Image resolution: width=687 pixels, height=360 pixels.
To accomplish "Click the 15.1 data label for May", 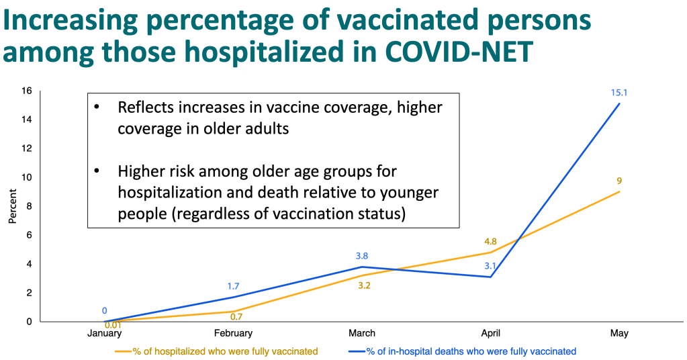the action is tap(619, 93).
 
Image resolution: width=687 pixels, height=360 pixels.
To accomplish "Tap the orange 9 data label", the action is tap(619, 181).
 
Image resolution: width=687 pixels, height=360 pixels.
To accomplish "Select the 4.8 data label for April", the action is tap(490, 241).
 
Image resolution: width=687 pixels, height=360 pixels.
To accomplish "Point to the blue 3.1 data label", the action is tap(490, 266).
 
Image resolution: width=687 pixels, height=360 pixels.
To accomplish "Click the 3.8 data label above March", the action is tap(362, 256).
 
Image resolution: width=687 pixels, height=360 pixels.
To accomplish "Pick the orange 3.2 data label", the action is tap(364, 285).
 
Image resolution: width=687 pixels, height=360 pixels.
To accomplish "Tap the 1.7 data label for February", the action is tap(233, 286).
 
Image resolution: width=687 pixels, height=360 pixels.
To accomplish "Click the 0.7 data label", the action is tap(236, 317).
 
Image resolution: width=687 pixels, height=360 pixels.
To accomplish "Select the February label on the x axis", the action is tap(233, 333).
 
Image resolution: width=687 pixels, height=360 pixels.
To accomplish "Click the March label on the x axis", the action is tap(362, 333).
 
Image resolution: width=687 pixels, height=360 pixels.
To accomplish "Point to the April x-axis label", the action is tap(490, 333).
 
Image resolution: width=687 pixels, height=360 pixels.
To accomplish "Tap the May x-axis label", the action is tap(619, 333).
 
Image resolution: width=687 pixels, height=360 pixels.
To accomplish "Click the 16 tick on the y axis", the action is tap(27, 91).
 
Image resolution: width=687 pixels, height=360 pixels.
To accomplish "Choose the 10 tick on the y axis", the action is tap(27, 177).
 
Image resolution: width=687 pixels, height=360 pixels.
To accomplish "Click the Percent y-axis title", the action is tap(12, 206).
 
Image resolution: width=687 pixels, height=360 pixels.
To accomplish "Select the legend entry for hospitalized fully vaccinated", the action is tap(216, 351).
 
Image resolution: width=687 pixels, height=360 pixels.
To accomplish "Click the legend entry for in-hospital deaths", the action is tap(462, 351).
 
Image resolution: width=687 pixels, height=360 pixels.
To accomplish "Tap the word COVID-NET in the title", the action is tap(459, 51).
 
